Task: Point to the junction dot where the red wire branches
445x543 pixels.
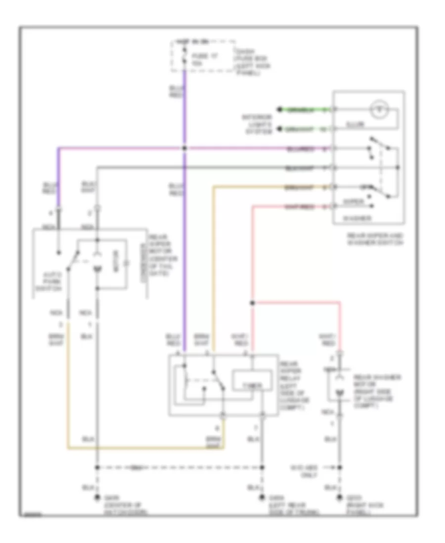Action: (x=252, y=303)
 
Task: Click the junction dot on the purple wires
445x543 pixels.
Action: (x=184, y=148)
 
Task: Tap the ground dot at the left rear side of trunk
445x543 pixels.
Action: (x=261, y=499)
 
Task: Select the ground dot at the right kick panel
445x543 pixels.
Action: (x=339, y=499)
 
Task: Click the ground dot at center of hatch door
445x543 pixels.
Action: (x=97, y=499)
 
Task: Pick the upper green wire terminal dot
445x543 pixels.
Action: (x=279, y=109)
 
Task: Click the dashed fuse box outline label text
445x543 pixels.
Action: (x=254, y=61)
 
